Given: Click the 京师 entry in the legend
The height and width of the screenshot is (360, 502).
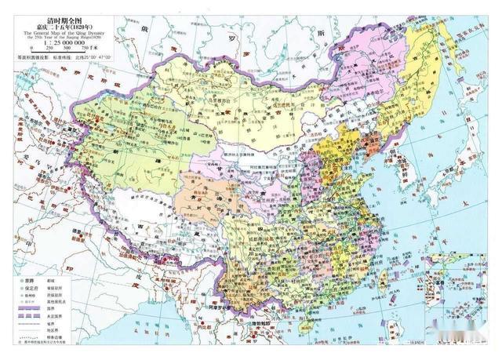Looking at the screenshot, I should pyautogui.click(x=28, y=280).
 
